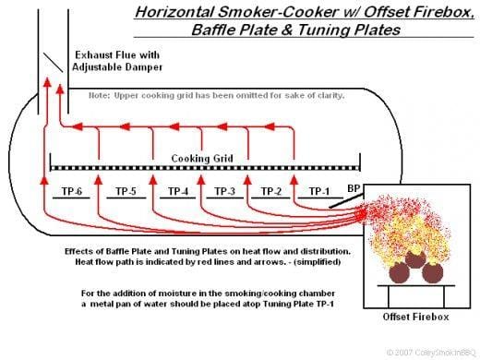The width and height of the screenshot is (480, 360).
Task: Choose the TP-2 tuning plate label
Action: pos(270,191)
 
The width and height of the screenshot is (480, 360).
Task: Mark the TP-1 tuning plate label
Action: pos(318,191)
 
